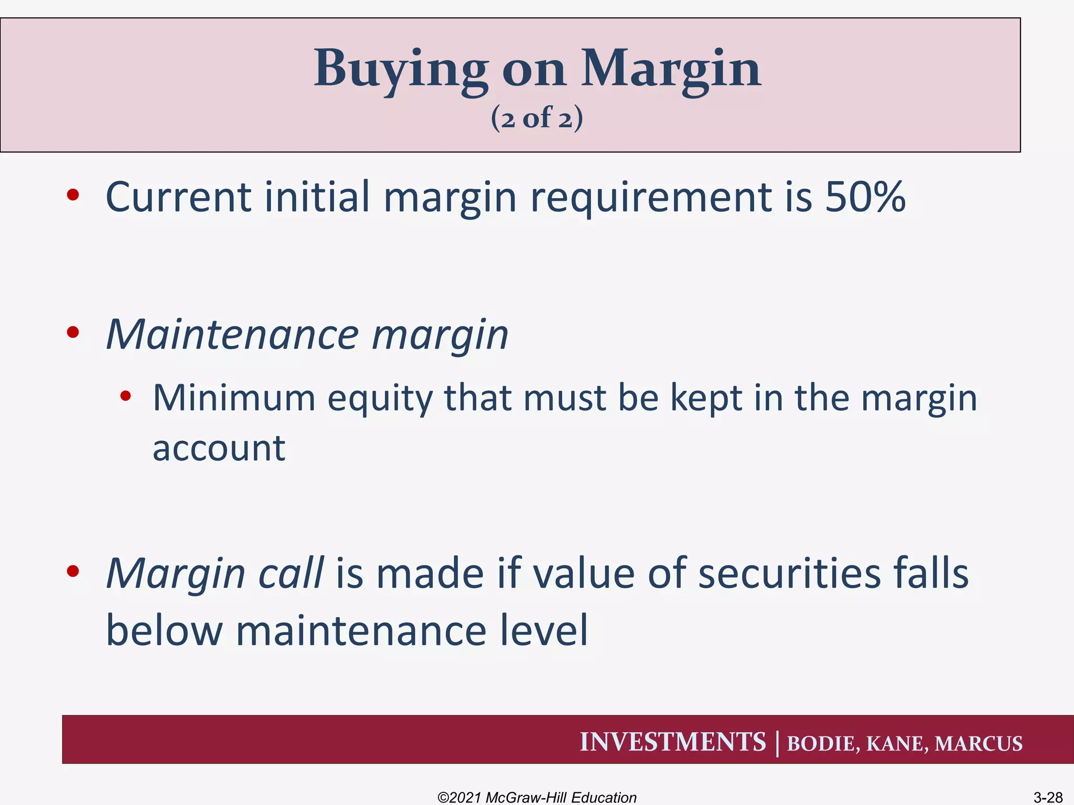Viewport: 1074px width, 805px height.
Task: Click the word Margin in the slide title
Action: pyautogui.click(x=671, y=69)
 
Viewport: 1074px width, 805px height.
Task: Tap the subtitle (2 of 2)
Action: pyautogui.click(x=536, y=117)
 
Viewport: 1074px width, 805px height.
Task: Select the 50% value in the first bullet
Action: pyautogui.click(x=865, y=197)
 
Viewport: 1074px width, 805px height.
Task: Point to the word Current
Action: pyautogui.click(x=178, y=197)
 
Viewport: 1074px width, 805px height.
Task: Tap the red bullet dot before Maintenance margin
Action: pyautogui.click(x=73, y=332)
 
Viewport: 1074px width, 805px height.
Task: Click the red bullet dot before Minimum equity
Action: pyautogui.click(x=125, y=396)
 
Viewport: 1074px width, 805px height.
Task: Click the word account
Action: pyautogui.click(x=219, y=449)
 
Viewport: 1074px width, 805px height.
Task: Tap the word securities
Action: pyautogui.click(x=789, y=573)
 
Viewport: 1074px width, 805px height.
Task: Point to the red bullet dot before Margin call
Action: pyautogui.click(x=73, y=571)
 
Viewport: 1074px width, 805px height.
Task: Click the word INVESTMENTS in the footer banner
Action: pyautogui.click(x=672, y=742)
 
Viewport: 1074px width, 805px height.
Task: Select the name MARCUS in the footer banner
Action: pyautogui.click(x=978, y=744)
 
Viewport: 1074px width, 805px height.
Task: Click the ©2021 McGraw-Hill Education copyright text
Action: pyautogui.click(x=536, y=797)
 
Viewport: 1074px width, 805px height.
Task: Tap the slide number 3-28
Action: pyautogui.click(x=1047, y=798)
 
